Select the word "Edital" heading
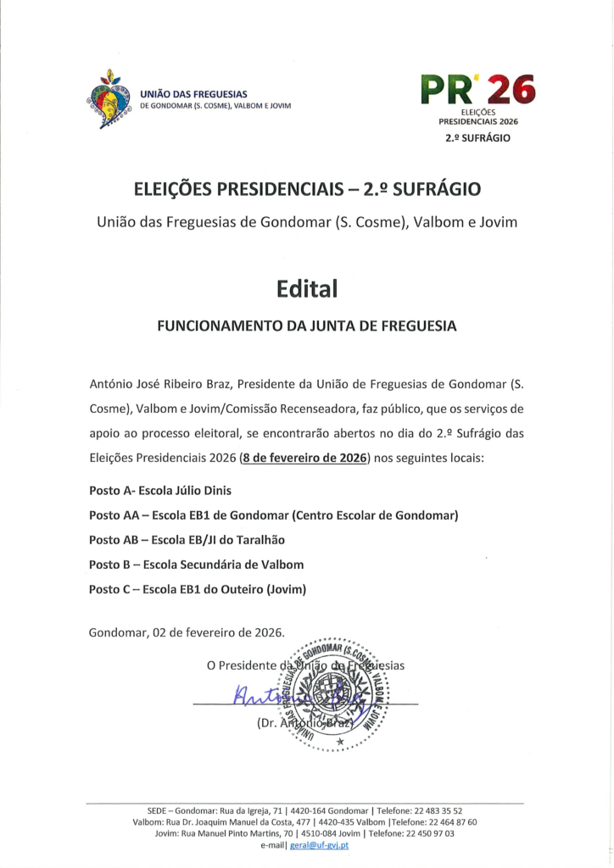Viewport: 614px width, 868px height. (x=306, y=288)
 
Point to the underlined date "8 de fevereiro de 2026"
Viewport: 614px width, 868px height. (x=304, y=458)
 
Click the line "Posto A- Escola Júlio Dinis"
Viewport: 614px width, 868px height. (x=159, y=491)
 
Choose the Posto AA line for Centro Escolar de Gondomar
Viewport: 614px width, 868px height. (x=273, y=515)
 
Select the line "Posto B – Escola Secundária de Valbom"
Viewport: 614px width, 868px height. (x=196, y=565)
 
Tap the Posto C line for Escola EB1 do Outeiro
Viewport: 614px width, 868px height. (x=198, y=589)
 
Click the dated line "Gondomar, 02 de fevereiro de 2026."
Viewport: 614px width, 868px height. (x=187, y=632)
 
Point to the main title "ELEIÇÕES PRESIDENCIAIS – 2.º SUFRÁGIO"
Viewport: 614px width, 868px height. (x=306, y=188)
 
